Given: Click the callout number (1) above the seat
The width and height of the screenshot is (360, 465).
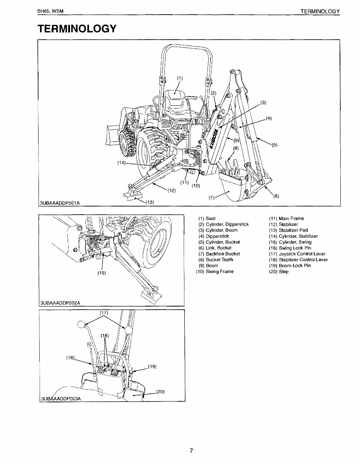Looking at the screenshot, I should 180,78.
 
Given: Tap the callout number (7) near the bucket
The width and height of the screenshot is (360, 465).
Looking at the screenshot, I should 211,198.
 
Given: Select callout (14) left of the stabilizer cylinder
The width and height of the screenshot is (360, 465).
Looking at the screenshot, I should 122,163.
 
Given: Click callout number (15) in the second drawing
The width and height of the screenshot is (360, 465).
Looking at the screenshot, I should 102,273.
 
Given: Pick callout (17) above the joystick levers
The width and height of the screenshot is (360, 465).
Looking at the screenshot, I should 104,313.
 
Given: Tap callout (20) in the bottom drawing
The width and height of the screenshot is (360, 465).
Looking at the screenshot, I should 161,392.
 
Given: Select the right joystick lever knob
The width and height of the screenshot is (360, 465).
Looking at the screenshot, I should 129,330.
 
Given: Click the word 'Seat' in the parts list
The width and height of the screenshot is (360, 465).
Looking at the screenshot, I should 211,218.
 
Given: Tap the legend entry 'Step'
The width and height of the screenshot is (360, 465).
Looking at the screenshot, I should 284,272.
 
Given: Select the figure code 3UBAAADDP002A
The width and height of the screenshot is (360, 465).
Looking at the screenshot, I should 60,303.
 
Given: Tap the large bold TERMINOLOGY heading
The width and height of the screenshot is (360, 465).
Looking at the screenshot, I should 77,29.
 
